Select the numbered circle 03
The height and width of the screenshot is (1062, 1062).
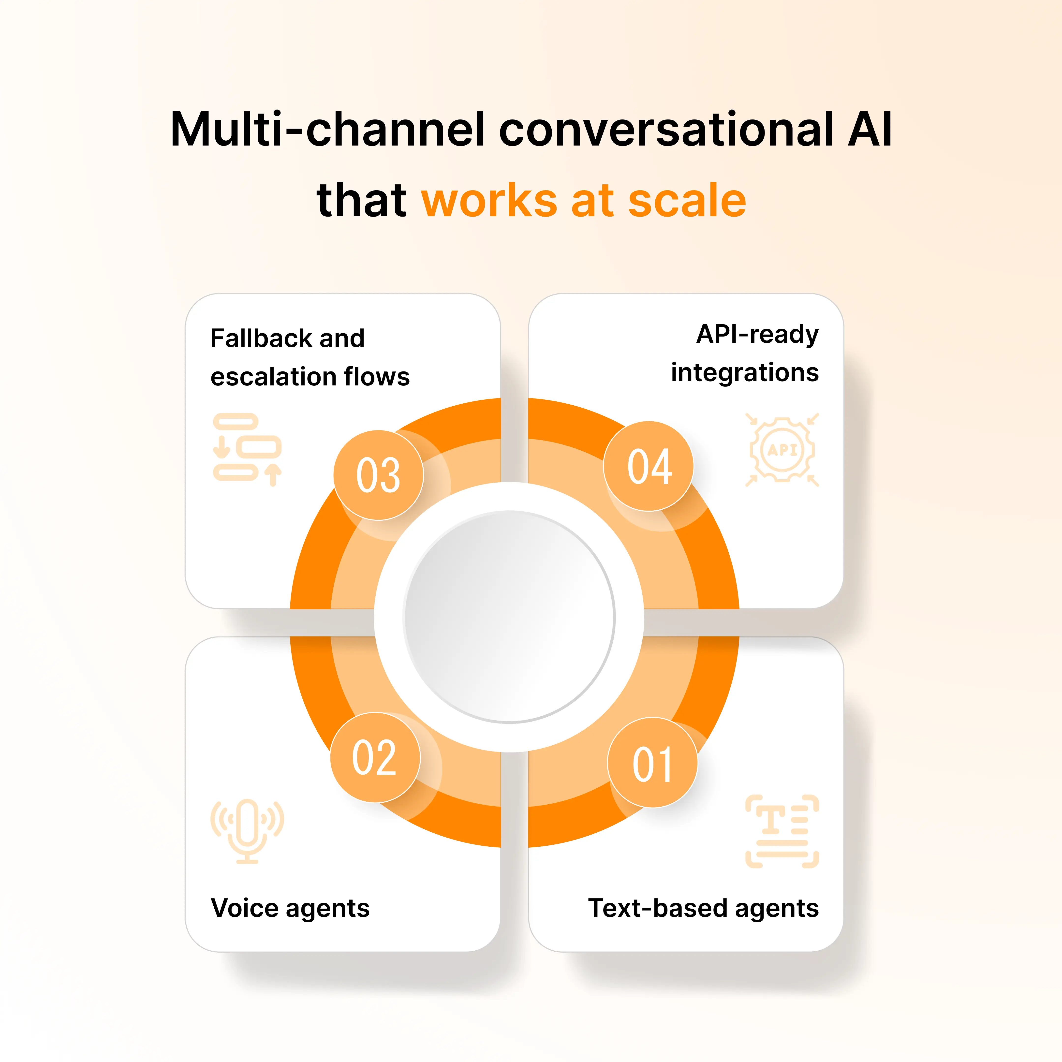pyautogui.click(x=378, y=475)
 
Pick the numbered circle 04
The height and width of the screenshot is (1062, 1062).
pyautogui.click(x=649, y=466)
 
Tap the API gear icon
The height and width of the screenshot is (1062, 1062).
pyautogui.click(x=782, y=450)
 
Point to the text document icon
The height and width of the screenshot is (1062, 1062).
pyautogui.click(x=782, y=831)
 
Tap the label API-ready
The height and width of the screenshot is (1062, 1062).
pyautogui.click(x=757, y=334)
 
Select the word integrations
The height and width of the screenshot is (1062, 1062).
pyautogui.click(x=745, y=373)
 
